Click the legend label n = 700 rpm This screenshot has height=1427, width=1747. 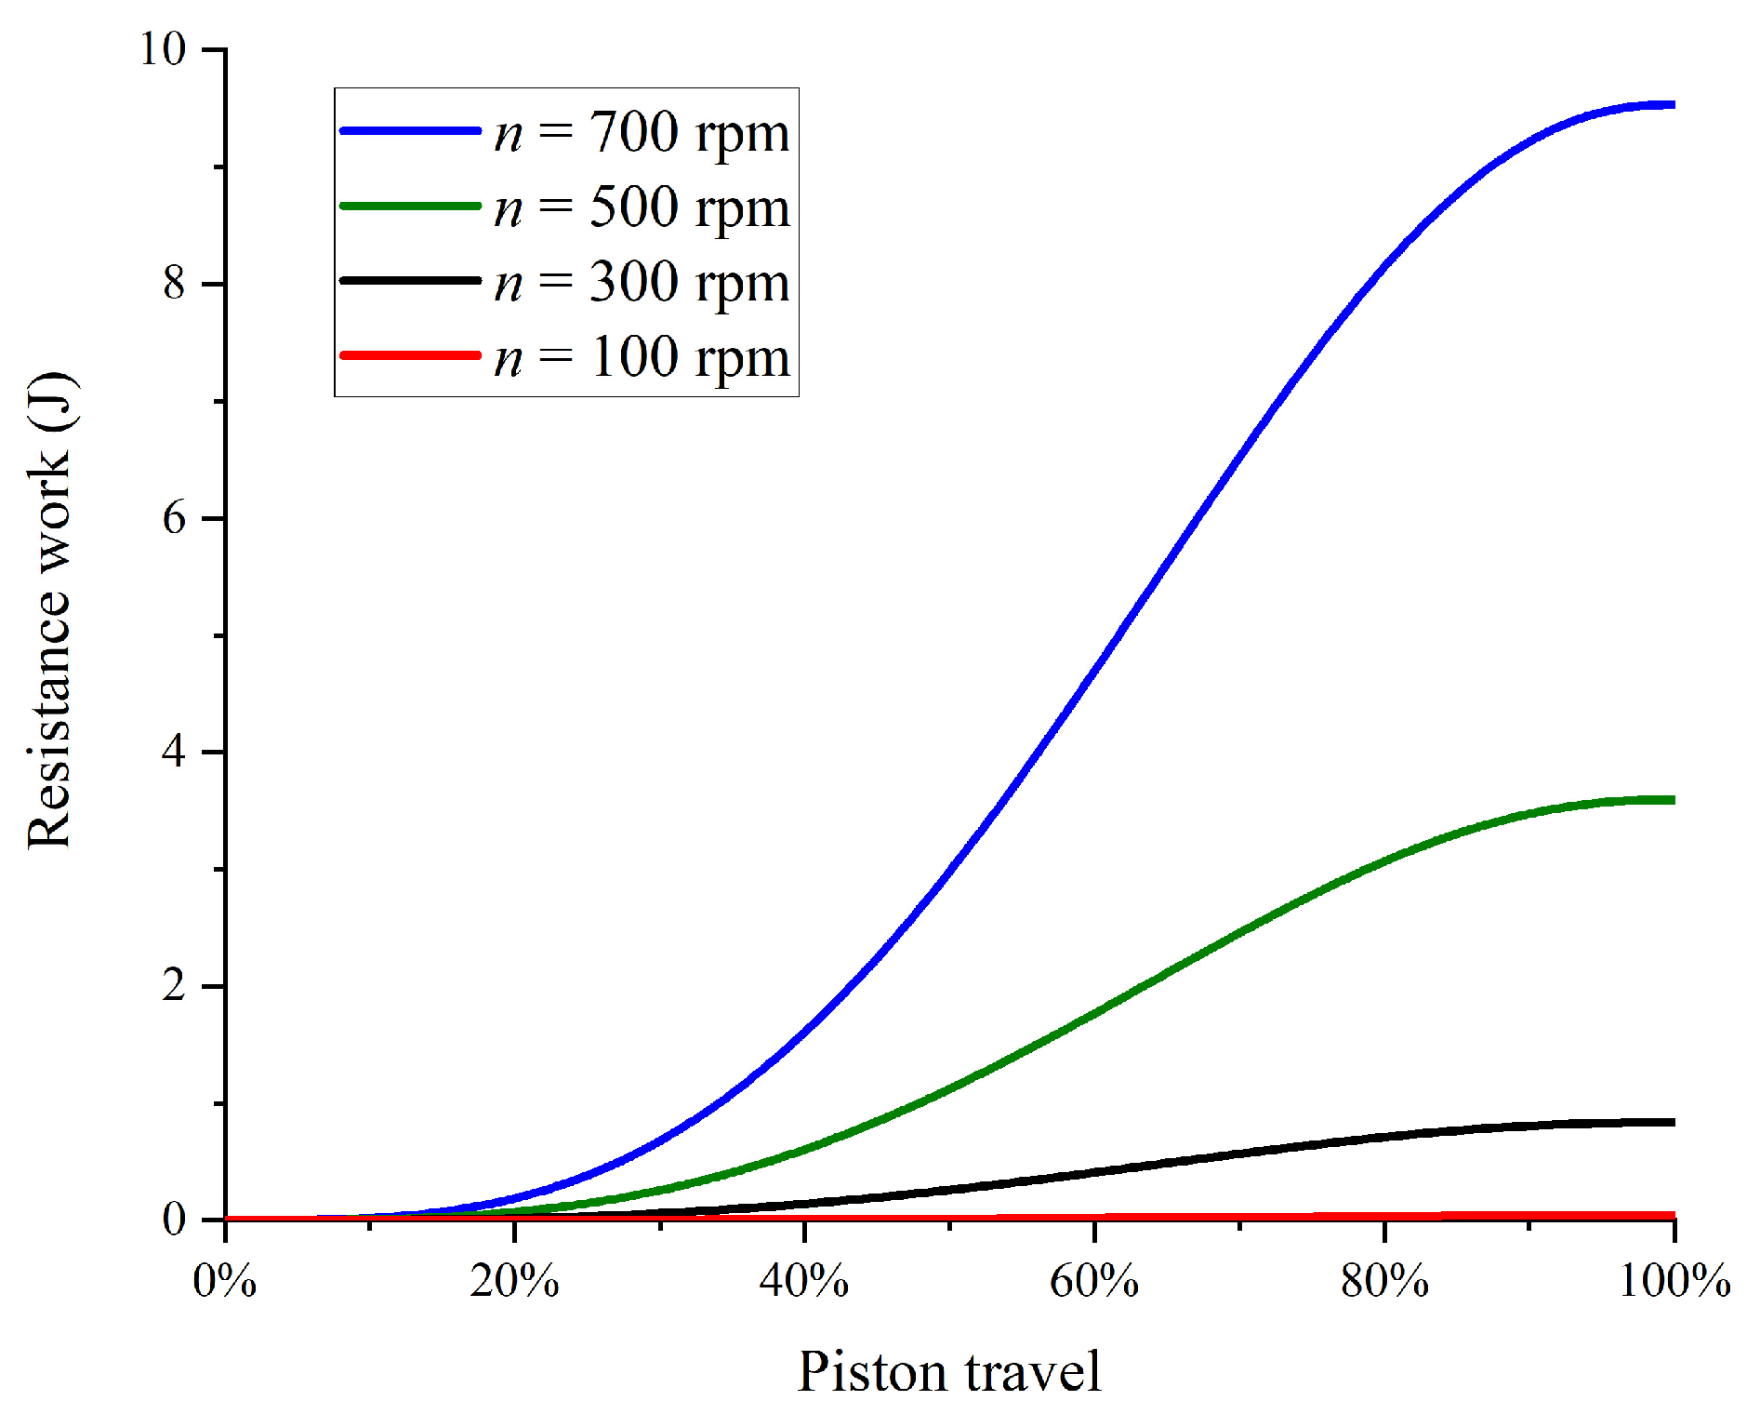642,132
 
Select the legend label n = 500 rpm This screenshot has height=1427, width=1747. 642,207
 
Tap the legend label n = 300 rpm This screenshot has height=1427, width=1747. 642,281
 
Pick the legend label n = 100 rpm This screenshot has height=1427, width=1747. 642,356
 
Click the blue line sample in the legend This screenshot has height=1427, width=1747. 410,131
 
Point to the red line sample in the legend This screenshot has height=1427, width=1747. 410,355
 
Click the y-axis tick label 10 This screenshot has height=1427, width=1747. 163,48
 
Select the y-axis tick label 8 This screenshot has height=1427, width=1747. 175,283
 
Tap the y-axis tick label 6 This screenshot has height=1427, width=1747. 175,517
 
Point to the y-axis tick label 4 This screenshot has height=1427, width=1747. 175,751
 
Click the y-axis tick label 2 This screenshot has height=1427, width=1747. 175,985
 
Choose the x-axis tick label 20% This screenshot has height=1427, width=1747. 514,1282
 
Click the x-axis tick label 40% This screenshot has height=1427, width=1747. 804,1282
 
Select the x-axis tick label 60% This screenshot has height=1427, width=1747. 1094,1282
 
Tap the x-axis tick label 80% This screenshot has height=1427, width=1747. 1384,1282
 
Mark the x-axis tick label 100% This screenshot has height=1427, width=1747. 1674,1282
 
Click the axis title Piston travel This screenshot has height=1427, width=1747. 949,1371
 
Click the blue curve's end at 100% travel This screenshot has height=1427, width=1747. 1672,105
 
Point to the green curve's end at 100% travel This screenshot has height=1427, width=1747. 1672,800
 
